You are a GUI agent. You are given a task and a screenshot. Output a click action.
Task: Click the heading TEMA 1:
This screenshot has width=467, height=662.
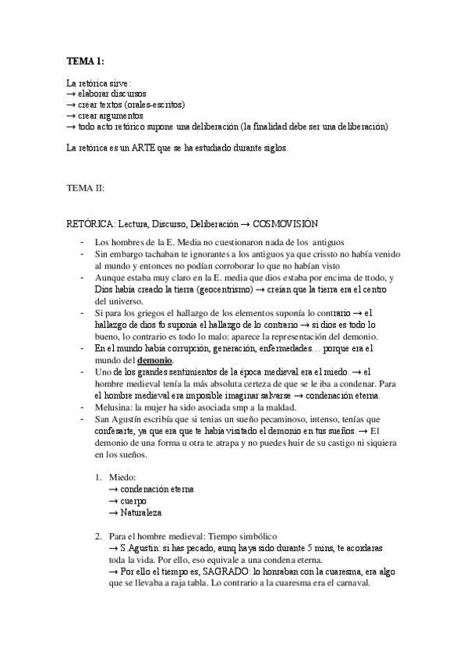click(85, 62)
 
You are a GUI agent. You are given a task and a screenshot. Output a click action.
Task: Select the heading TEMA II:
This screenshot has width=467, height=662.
click(85, 188)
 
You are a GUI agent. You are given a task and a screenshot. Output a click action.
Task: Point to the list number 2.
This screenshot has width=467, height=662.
click(98, 536)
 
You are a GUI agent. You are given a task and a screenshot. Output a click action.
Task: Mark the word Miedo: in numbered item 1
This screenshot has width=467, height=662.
click(123, 477)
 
